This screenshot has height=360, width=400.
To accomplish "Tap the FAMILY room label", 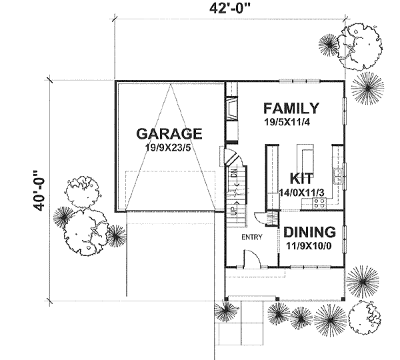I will pos(290,109).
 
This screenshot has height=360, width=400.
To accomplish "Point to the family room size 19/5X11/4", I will pos(290,123).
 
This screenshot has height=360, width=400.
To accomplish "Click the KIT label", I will pos(301,179).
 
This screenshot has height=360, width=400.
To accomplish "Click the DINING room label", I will pos(309,232).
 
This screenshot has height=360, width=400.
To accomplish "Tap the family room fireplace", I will pos(231,109).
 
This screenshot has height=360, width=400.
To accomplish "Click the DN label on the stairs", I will pos(234,175).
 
